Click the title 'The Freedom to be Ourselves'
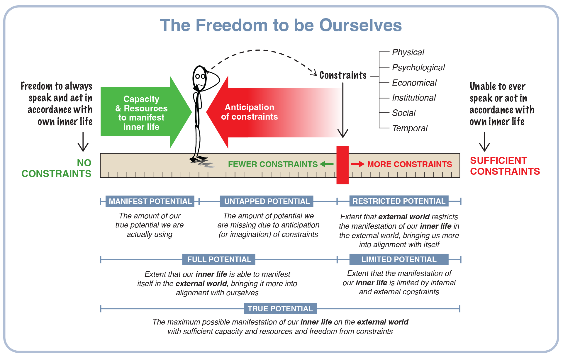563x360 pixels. pos(281,25)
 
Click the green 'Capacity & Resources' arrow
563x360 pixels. pos(141,113)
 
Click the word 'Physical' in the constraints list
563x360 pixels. pos(408,52)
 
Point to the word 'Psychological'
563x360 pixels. pos(418,67)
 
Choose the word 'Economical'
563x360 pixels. pos(414,83)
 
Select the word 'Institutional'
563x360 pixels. pos(414,98)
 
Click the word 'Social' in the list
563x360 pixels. pos(404,113)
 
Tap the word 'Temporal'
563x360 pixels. pos(410,128)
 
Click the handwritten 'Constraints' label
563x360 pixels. pos(343,75)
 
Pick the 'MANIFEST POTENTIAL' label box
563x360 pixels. pos(150,201)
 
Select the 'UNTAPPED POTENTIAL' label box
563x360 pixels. pos(267,201)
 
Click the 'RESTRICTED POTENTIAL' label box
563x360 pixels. pos(399,201)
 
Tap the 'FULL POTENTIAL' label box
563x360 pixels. pos(219,259)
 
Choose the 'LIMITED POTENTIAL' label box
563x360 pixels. pos(399,259)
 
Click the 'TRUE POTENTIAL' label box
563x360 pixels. pos(280,309)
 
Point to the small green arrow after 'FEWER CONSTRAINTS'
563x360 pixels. pos(327,164)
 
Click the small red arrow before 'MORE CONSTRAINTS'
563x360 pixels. pos(357,164)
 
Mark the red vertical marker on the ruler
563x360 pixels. pos(342,165)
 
